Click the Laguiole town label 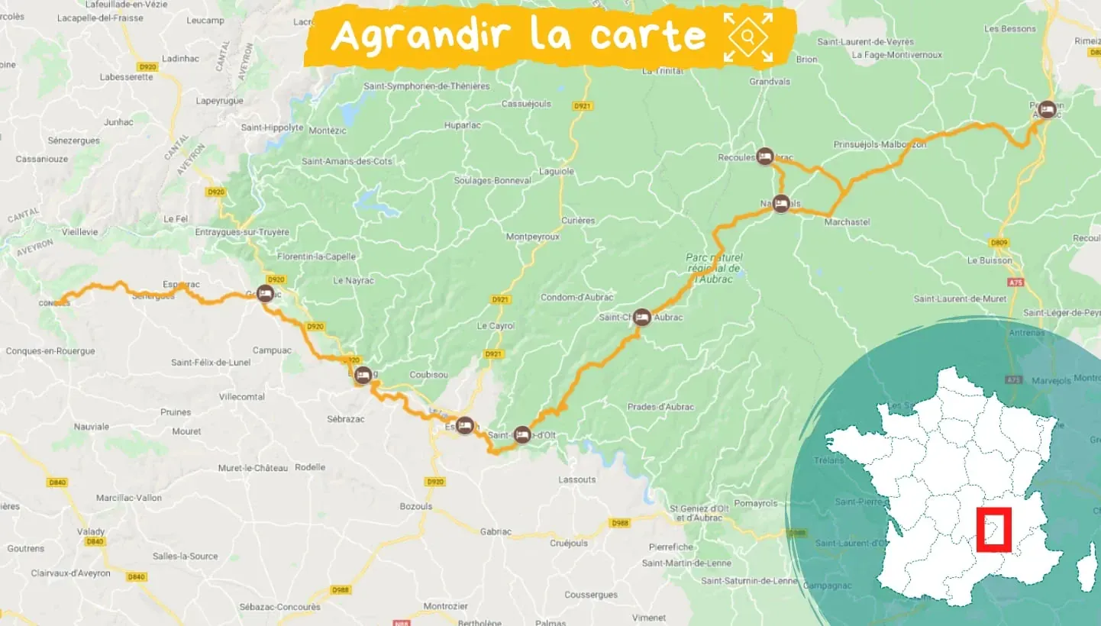pyautogui.click(x=556, y=172)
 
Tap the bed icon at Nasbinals pyautogui.click(x=780, y=204)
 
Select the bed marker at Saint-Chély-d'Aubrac pyautogui.click(x=642, y=317)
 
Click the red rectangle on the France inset pyautogui.click(x=994, y=529)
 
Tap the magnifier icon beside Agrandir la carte pyautogui.click(x=749, y=36)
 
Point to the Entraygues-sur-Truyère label pyautogui.click(x=242, y=232)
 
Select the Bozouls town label pyautogui.click(x=416, y=506)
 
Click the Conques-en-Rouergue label pyautogui.click(x=50, y=351)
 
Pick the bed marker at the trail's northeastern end pyautogui.click(x=1047, y=109)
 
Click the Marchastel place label pyautogui.click(x=847, y=222)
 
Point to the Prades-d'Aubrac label pyautogui.click(x=660, y=407)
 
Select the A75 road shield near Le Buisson pyautogui.click(x=1015, y=282)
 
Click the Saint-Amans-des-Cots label pyautogui.click(x=347, y=161)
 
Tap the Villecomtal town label pyautogui.click(x=242, y=397)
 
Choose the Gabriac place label pyautogui.click(x=496, y=531)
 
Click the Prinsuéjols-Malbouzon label pyautogui.click(x=880, y=144)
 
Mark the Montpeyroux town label pyautogui.click(x=533, y=237)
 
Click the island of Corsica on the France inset pyautogui.click(x=1086, y=573)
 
